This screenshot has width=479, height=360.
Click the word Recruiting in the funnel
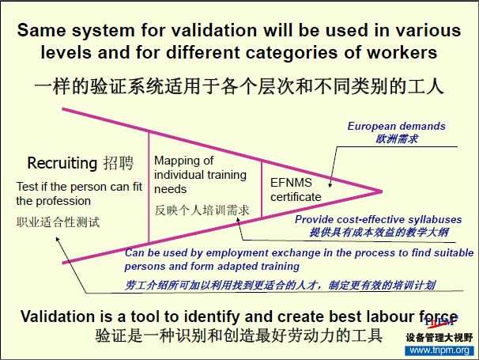62,163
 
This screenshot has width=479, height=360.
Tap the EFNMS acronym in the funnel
291,183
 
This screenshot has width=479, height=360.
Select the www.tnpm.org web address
439,351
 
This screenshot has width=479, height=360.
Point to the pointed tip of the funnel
382,191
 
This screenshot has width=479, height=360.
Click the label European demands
396,126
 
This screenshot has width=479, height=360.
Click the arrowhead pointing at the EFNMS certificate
330,184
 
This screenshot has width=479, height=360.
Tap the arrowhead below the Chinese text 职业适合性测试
58,239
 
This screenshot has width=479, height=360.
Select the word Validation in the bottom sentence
58,316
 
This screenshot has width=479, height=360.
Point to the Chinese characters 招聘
119,163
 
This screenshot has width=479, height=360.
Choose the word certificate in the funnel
296,197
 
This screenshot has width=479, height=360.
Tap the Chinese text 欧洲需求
397,139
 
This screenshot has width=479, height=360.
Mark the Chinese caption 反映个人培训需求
202,210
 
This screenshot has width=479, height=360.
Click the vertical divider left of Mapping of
149,188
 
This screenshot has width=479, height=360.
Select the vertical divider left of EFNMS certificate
262,189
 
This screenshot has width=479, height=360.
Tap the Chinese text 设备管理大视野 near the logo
439,338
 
